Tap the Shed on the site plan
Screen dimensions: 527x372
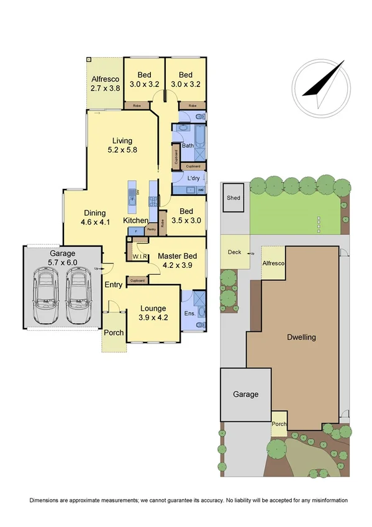pos(233,198)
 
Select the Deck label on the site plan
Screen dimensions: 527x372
pos(234,252)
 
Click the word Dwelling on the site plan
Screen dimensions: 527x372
pos(301,337)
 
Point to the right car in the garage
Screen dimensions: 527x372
pos(79,296)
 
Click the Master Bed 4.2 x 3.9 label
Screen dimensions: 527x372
pos(177,260)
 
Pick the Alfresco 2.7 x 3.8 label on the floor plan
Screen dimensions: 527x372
pos(104,84)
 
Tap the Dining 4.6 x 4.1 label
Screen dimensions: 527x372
pos(95,217)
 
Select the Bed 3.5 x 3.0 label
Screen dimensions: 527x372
pos(186,214)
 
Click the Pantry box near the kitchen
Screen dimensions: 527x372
pos(151,229)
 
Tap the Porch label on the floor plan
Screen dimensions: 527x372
pos(114,332)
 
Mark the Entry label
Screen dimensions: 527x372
pos(114,285)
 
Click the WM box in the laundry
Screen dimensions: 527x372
pos(200,190)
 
